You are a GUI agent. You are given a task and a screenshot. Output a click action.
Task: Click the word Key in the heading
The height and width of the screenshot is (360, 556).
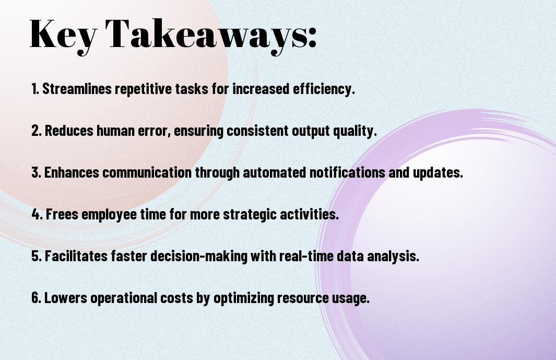click(63, 35)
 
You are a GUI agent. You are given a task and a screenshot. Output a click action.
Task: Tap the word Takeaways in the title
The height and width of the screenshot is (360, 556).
click(206, 35)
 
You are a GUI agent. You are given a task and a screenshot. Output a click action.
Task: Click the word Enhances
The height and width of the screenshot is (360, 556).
click(72, 172)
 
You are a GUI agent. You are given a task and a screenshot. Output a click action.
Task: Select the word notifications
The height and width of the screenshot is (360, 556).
click(347, 172)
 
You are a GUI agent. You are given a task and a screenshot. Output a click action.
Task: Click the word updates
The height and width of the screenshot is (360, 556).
click(438, 172)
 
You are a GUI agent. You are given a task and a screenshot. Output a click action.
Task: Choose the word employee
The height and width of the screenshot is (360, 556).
click(109, 215)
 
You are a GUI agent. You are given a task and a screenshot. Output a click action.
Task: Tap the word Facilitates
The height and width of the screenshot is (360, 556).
click(76, 256)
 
